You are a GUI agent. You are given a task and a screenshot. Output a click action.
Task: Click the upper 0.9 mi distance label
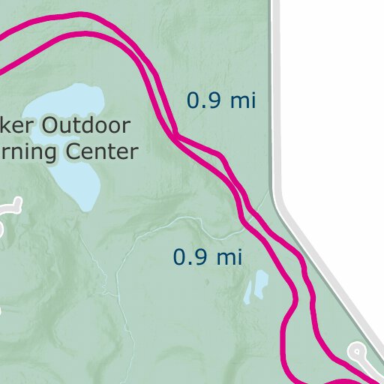[221, 100]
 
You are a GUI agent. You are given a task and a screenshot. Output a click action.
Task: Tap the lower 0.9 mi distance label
[208, 257]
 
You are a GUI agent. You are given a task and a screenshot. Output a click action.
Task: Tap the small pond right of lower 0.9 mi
[256, 286]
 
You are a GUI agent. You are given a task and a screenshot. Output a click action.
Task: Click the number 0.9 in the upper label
[202, 100]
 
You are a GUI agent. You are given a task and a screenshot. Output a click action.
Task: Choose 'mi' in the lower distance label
[229, 257]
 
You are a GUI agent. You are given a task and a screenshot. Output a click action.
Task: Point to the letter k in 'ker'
[8, 125]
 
